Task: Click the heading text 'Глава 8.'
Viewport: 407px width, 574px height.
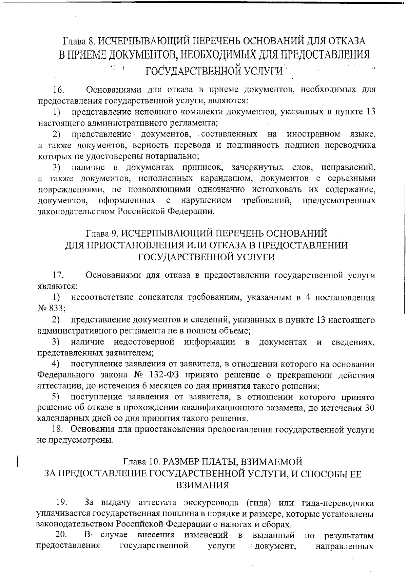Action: [79, 41]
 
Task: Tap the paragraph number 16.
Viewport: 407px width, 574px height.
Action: [58, 90]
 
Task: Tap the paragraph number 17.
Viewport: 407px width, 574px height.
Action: [58, 275]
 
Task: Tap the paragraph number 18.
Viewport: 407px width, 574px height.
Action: [58, 430]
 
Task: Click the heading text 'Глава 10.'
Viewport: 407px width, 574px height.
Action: [140, 462]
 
